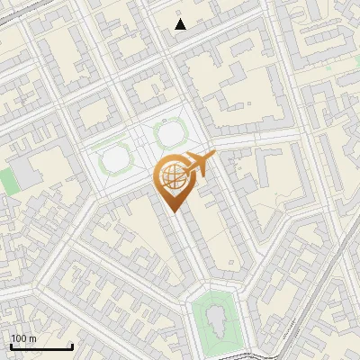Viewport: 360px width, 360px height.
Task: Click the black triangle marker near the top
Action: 180,24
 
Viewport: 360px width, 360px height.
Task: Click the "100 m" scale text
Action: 24,338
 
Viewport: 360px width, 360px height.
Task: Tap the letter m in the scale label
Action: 32,338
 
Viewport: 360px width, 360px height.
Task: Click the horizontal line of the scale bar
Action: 41,346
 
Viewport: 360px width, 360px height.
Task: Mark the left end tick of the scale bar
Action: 11,345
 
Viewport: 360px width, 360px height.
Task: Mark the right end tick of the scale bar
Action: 72,345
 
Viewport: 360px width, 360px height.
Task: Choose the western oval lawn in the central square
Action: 115,160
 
